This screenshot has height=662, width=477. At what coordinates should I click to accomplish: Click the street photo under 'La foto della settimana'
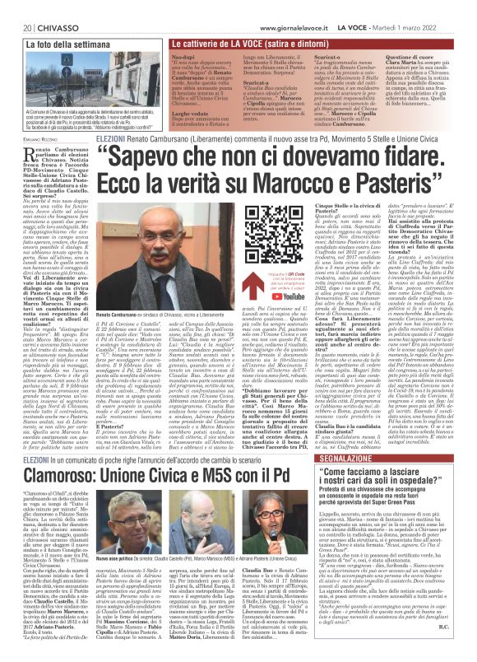coord(83,82)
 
